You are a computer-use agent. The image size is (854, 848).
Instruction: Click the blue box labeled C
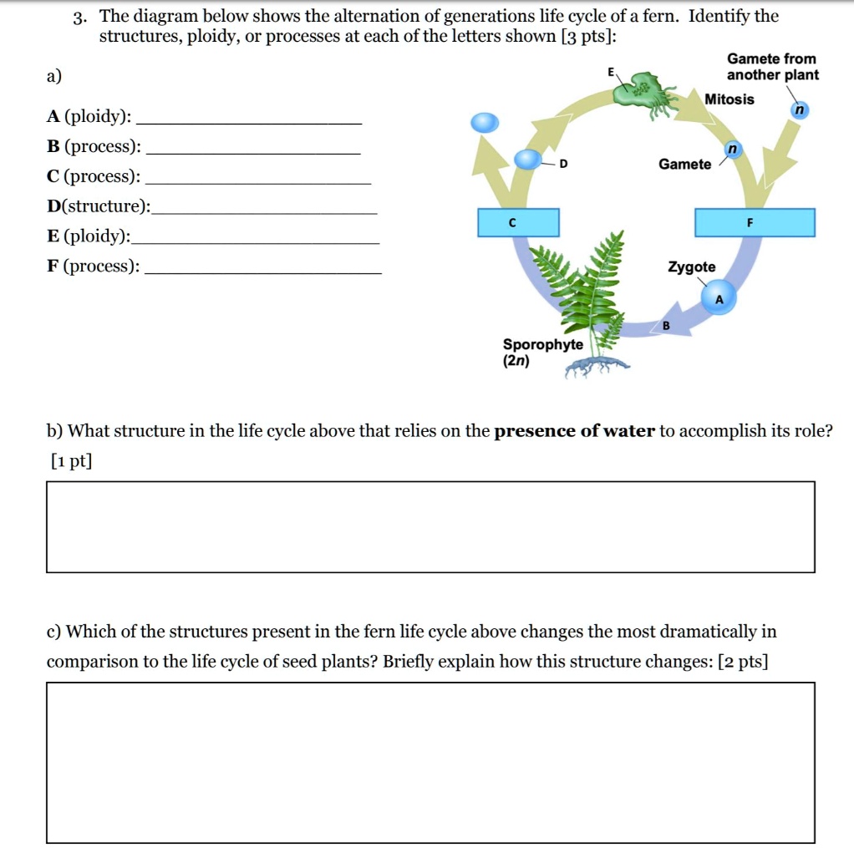(518, 223)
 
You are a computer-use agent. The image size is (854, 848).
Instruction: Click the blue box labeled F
(755, 223)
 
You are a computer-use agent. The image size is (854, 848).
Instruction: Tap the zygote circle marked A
(719, 299)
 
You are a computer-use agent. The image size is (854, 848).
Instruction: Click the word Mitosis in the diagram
(729, 99)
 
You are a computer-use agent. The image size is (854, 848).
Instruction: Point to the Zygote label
(691, 267)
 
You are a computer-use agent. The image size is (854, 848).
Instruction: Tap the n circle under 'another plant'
(800, 110)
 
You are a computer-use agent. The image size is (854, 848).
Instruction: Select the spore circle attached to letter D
(528, 159)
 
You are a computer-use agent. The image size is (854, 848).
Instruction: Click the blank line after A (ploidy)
(253, 123)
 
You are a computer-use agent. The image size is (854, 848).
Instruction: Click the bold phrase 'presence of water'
(574, 432)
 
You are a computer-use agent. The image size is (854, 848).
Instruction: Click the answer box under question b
(430, 526)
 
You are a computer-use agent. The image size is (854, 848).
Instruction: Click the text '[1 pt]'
(69, 460)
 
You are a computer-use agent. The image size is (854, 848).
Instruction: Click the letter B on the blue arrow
(667, 325)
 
